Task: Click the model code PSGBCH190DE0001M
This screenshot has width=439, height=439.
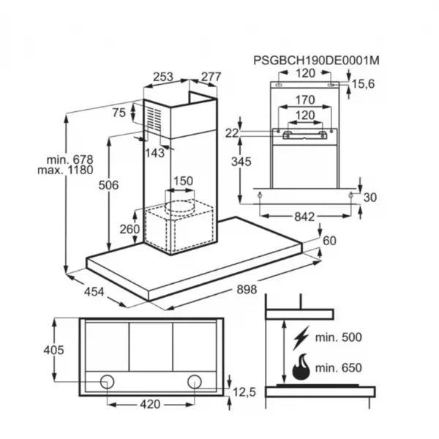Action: pos(316,61)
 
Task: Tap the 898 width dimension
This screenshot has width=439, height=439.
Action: pos(247,289)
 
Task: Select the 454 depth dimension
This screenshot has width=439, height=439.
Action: pos(94,292)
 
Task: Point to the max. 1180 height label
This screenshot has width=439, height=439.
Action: pos(65,170)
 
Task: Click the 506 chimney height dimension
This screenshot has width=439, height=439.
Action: pos(108,185)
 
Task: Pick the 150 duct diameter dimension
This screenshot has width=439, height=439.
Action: pos(184,181)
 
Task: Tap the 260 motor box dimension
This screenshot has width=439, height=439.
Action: pos(130,229)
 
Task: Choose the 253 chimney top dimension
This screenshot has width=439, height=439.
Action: pos(163,77)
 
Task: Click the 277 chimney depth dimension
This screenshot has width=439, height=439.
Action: pos(211,77)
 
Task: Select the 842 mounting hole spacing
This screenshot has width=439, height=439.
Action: pos(304,217)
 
